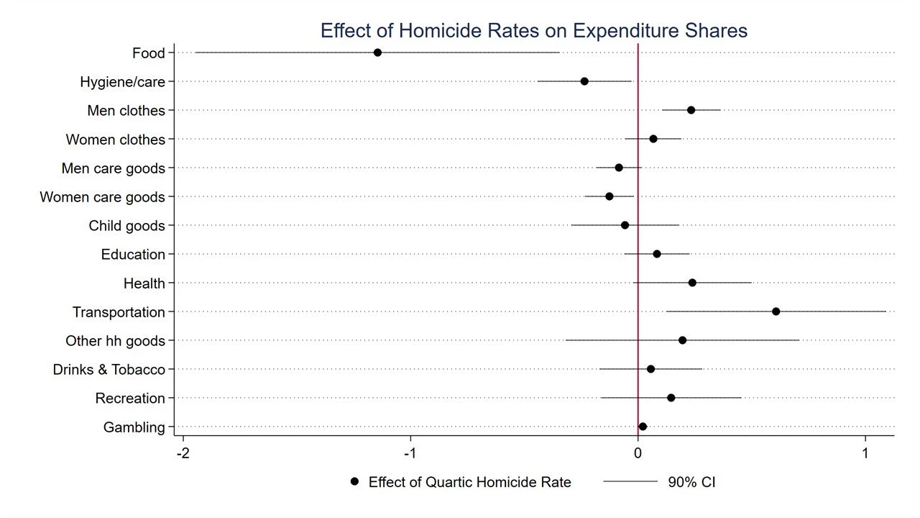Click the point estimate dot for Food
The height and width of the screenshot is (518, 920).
coord(377,53)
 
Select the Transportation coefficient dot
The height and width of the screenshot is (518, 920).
coord(776,312)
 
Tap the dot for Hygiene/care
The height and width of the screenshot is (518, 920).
coord(584,81)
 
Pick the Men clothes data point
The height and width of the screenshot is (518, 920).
coord(691,110)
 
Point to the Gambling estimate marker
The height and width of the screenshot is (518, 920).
coord(643,427)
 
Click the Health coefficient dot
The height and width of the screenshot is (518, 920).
coord(692,283)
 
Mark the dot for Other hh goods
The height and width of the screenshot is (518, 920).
coord(682,340)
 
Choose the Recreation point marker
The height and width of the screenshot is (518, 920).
coord(671,398)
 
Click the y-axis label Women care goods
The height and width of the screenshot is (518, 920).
coord(102,196)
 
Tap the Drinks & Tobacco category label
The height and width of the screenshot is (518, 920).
coord(109,369)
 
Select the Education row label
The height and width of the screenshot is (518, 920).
coord(133,254)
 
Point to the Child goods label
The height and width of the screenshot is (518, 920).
coord(126,225)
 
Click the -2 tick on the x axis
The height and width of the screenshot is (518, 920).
coord(183,453)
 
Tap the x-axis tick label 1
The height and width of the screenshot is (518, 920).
coord(865,453)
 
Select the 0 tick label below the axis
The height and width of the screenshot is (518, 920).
coord(638,453)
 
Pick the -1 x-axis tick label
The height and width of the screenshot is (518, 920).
coord(410,453)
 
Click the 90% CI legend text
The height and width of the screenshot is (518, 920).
coord(691,482)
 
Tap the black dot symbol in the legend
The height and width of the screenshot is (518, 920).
coord(354,481)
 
